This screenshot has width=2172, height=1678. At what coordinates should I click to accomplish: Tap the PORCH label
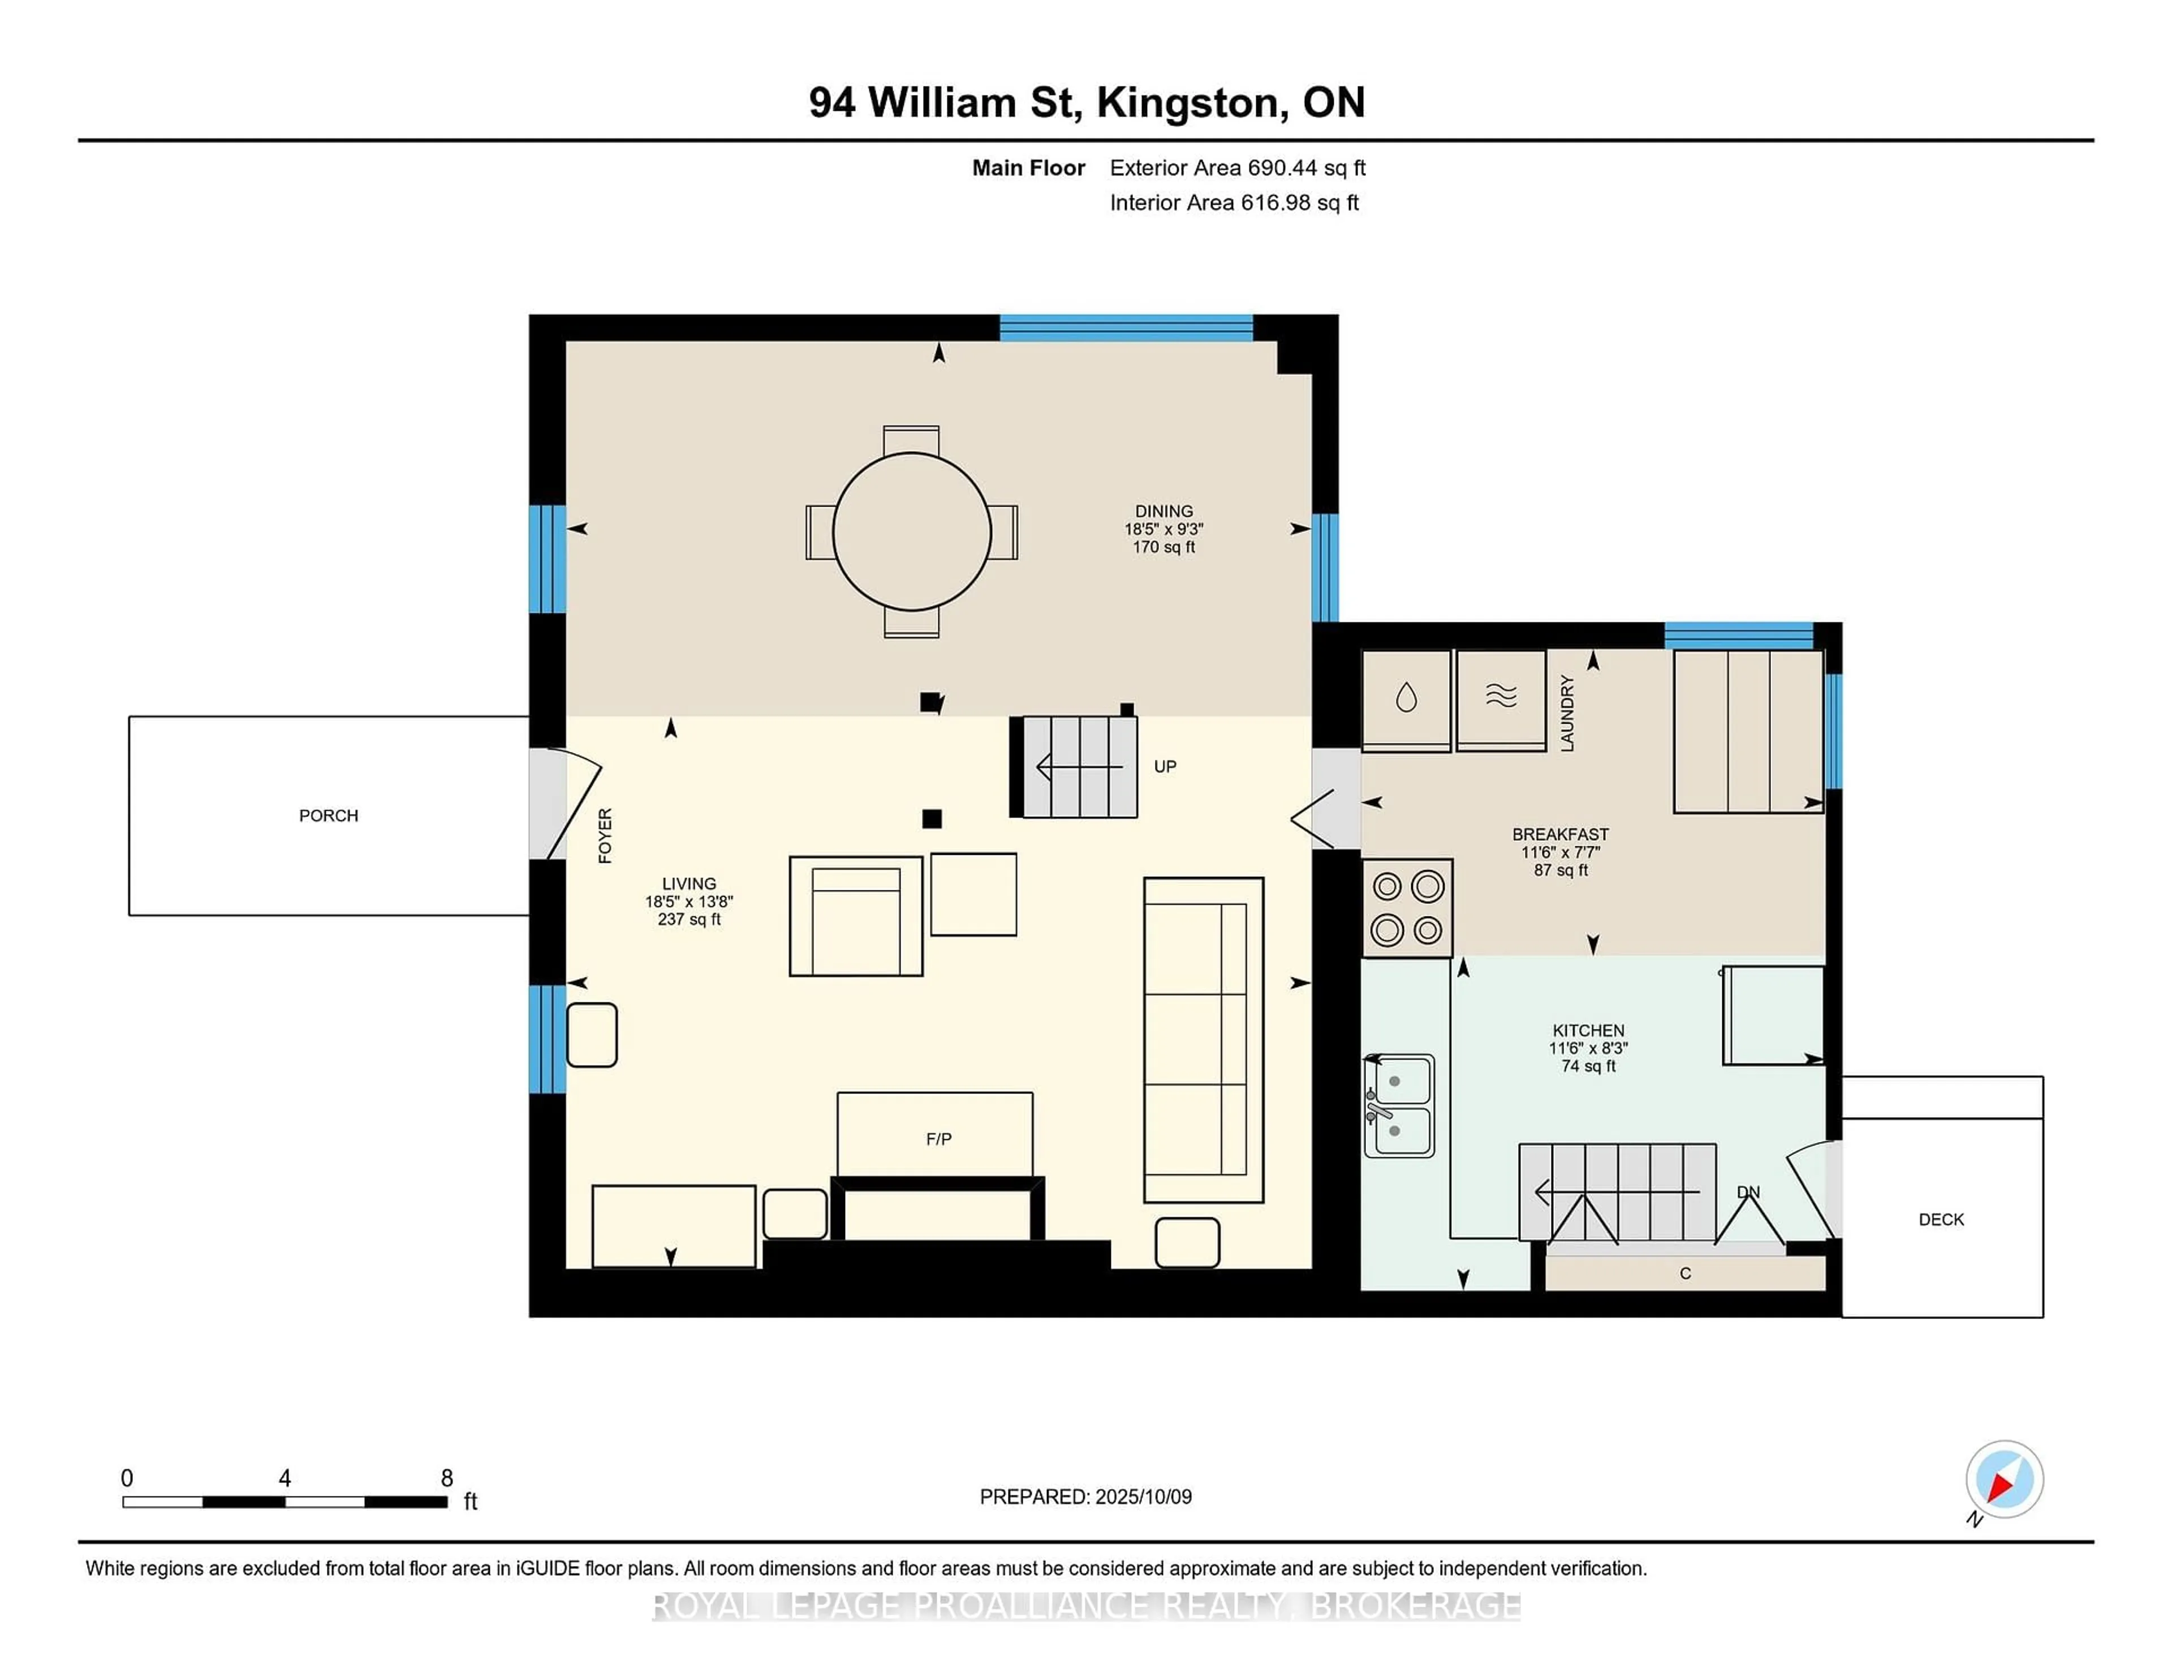(x=328, y=815)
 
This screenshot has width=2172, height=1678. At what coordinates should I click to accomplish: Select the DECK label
(x=1940, y=1219)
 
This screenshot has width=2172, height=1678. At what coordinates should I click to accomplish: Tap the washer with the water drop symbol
(x=1405, y=699)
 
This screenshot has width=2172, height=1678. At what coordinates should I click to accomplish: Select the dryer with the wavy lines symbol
(x=1501, y=699)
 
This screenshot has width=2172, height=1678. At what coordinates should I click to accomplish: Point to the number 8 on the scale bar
(x=446, y=1478)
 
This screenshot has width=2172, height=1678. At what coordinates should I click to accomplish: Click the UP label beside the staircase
(x=1165, y=767)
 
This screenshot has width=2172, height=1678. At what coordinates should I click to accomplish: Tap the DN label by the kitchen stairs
(x=1747, y=1192)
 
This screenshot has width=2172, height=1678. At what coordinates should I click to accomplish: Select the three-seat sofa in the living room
(x=1203, y=1039)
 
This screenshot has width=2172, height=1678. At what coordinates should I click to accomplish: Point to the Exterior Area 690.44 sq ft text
(x=1237, y=168)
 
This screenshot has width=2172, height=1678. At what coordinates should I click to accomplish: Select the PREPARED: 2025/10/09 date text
(x=1085, y=1496)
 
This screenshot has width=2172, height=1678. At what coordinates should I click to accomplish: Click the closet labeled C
(x=1684, y=1273)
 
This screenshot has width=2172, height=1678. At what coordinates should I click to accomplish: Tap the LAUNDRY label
(x=1567, y=712)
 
